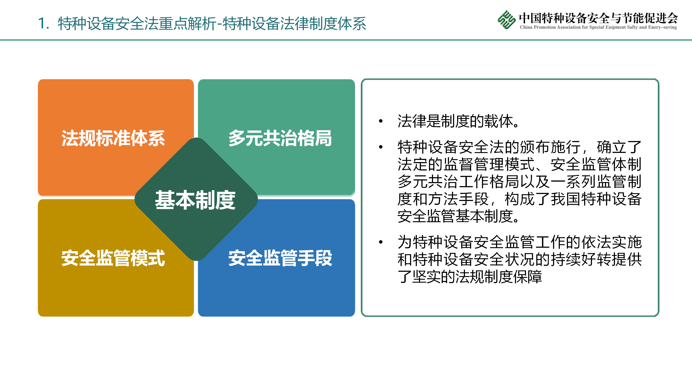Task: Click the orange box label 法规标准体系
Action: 113,138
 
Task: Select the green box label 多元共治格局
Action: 280,138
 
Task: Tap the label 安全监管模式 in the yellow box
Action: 113,258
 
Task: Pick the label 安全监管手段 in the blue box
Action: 280,258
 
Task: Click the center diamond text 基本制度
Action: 195,200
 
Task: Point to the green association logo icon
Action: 506,19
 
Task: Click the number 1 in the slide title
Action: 42,23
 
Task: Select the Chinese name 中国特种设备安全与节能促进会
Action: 598,18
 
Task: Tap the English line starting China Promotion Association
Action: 598,27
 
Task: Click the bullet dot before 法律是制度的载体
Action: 381,121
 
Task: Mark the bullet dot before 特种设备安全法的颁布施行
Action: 381,147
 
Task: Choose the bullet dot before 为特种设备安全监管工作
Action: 381,242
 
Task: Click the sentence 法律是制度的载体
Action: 458,121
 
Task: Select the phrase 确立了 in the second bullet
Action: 619,147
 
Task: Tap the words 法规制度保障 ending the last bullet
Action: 499,277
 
